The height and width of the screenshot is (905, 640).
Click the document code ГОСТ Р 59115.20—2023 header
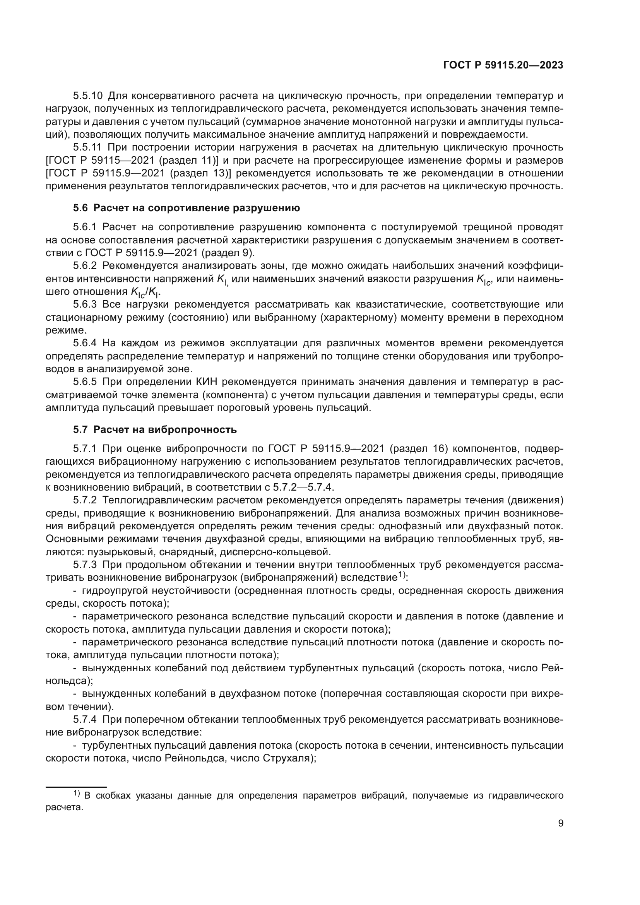pos(503,65)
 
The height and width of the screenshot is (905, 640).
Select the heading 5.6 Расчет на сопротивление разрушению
pos(187,208)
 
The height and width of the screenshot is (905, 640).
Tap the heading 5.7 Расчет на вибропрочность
pos(155,429)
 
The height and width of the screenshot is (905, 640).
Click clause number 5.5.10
pos(88,96)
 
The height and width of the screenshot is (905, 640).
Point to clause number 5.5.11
pos(88,147)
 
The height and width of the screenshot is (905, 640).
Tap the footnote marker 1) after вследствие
pos(402,576)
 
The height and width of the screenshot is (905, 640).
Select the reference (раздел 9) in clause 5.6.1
pos(229,253)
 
